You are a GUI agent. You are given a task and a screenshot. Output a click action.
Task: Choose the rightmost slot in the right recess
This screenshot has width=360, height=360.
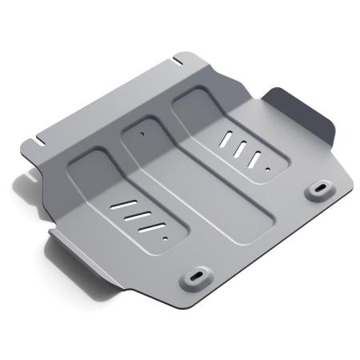(x=254, y=158)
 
